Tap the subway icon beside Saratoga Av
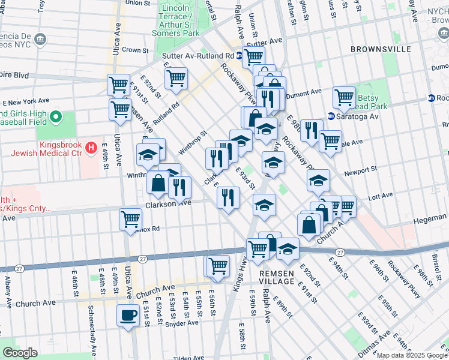[331, 116]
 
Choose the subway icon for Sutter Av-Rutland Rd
[238, 56]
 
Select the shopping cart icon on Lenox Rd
[130, 220]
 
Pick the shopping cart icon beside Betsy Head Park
[344, 97]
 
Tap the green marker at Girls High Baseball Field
[56, 116]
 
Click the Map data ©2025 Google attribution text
[411, 355]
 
